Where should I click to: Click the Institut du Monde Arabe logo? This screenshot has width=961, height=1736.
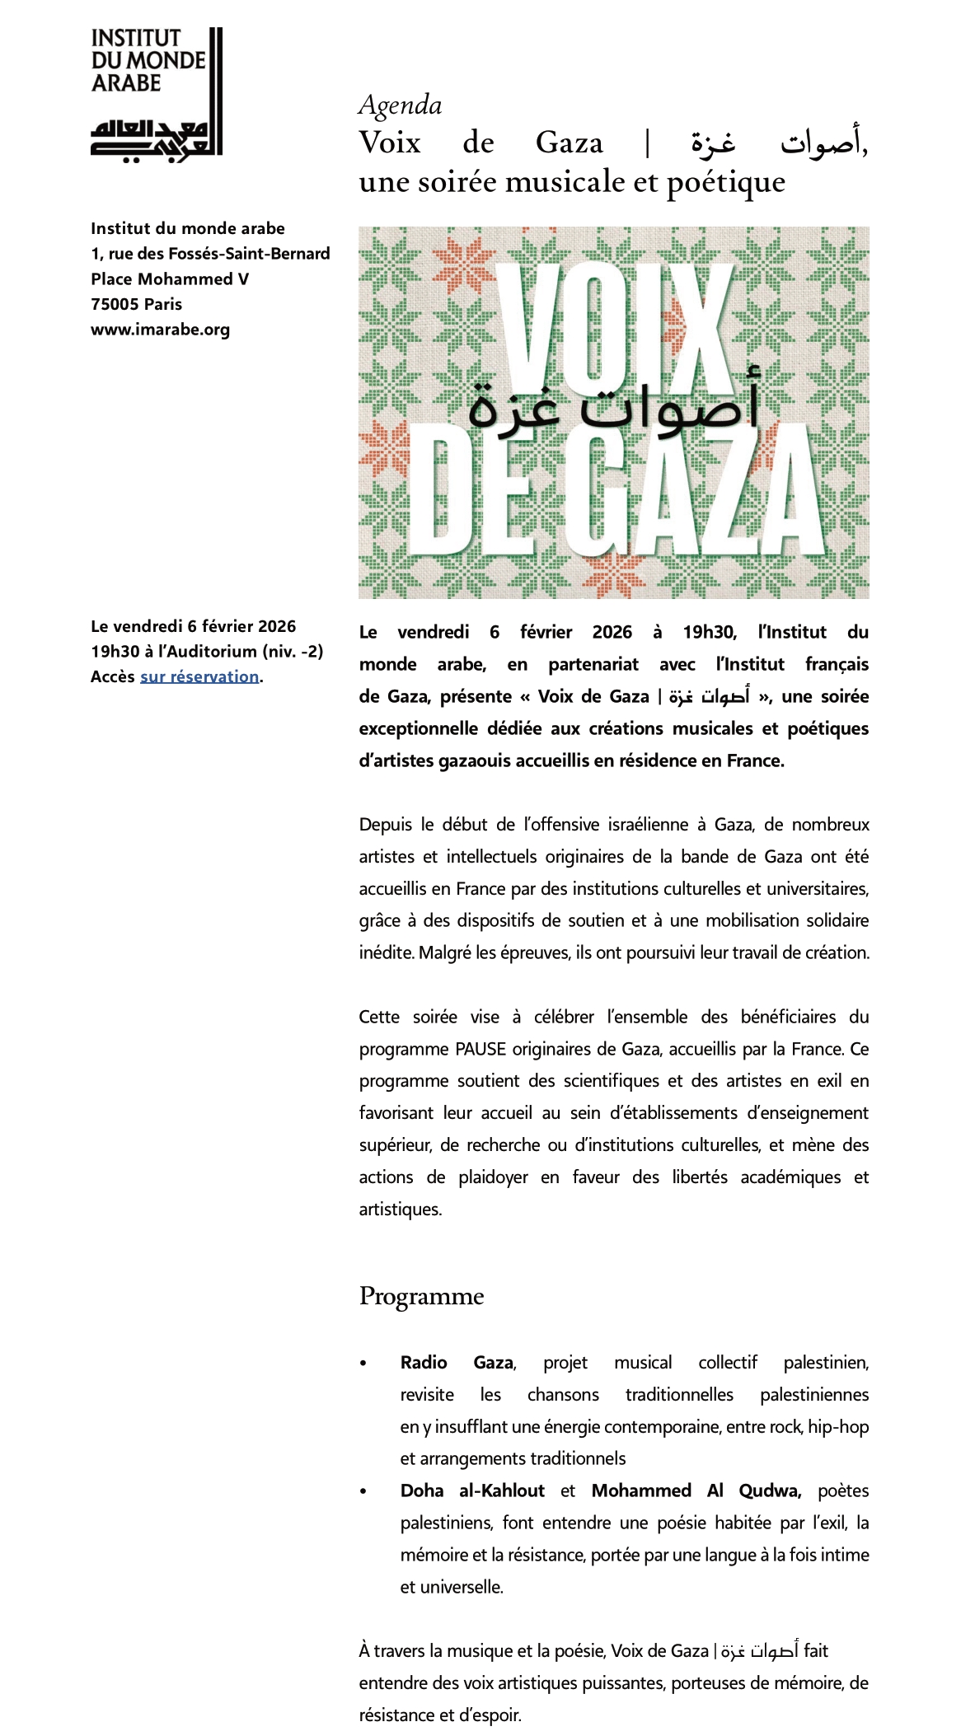[x=156, y=91]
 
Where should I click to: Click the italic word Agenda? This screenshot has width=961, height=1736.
[x=401, y=105]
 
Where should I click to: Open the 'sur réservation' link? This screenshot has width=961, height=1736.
[x=199, y=676]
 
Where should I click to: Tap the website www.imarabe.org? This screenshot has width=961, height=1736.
[x=160, y=330]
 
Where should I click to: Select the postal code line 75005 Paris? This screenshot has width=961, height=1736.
[x=136, y=304]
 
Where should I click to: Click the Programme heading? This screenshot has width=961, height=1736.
[x=421, y=1296]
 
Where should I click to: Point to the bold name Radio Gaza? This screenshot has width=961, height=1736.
[x=457, y=1363]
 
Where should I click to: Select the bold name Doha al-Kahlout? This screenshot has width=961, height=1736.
[x=472, y=1490]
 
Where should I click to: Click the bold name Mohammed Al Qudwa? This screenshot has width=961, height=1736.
[x=696, y=1490]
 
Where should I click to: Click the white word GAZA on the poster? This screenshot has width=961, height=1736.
[x=692, y=494]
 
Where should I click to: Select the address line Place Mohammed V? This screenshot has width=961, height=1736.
[x=170, y=279]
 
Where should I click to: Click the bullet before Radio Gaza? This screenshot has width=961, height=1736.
[x=363, y=1364]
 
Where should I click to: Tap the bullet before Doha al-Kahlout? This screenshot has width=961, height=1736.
[x=363, y=1491]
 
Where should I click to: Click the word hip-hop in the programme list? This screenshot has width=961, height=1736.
[x=838, y=1427]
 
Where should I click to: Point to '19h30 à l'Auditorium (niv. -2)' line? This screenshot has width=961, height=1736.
[x=207, y=652]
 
